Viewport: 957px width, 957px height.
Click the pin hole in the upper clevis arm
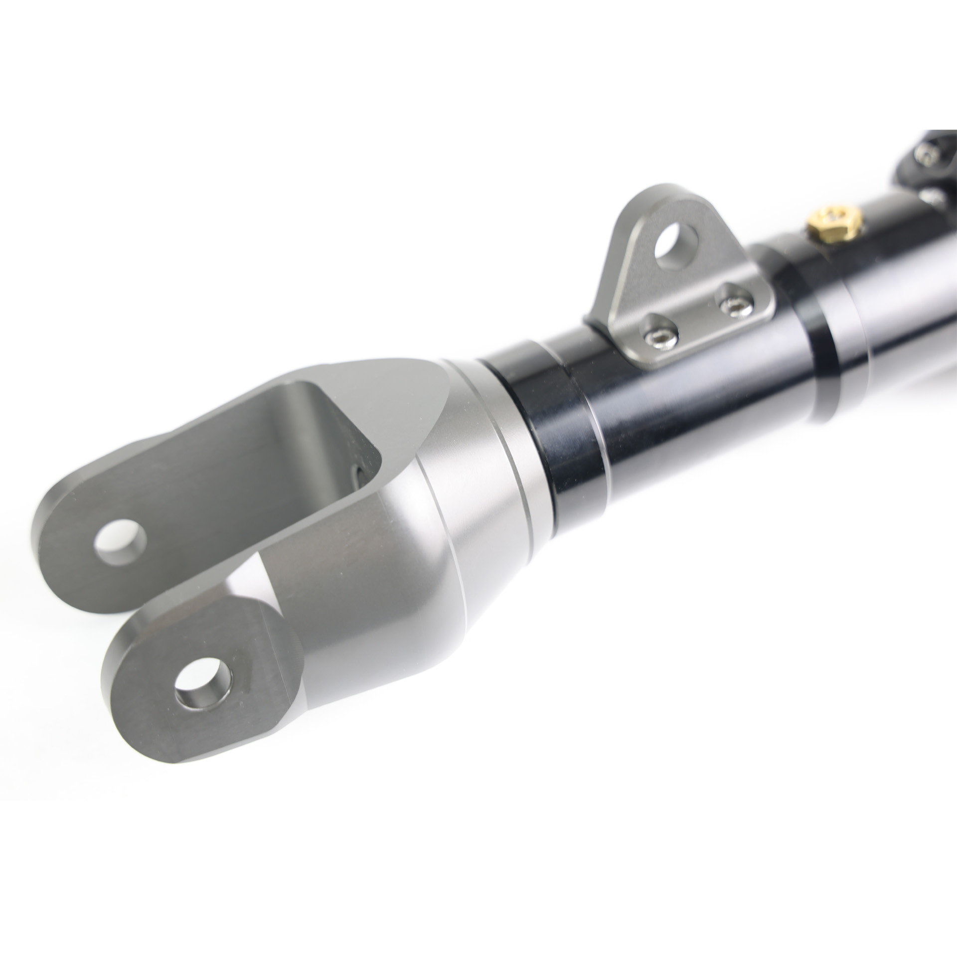(120, 540)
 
